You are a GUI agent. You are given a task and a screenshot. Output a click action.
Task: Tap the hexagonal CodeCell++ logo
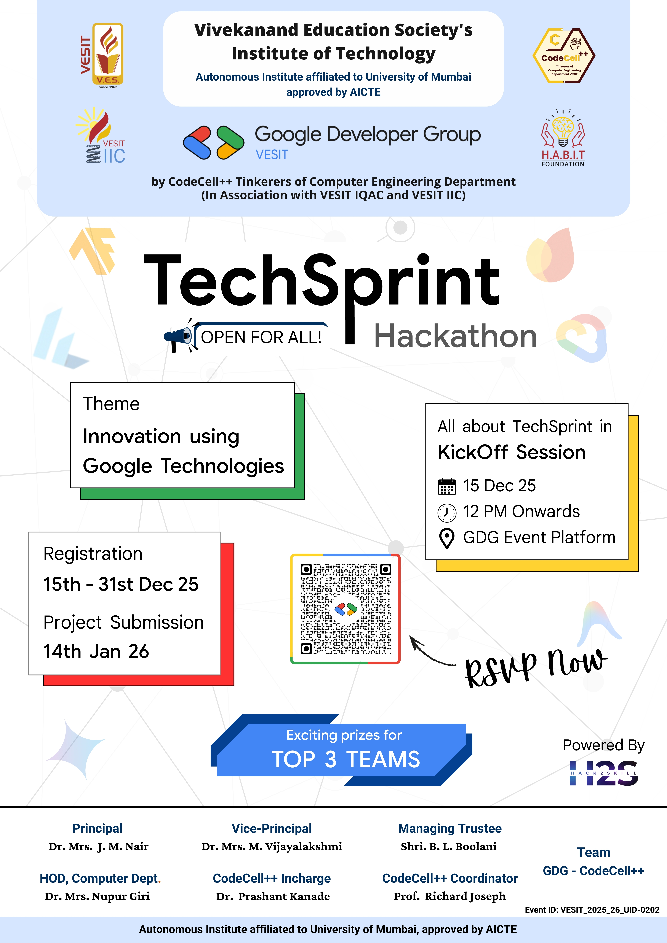pos(564,55)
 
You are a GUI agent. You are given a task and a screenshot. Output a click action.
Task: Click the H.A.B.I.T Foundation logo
pos(563,138)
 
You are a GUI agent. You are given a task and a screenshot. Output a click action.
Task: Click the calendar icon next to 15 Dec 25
pos(447,486)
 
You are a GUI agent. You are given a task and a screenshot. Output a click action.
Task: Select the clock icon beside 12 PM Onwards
pos(447,512)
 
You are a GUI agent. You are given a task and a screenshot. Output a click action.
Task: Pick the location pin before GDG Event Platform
pos(447,538)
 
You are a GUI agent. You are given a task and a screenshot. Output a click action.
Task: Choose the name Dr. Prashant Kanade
pos(273,896)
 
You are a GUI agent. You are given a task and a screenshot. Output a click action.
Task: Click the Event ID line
pos(592,910)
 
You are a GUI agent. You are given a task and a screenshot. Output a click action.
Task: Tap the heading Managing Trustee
pos(450,828)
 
